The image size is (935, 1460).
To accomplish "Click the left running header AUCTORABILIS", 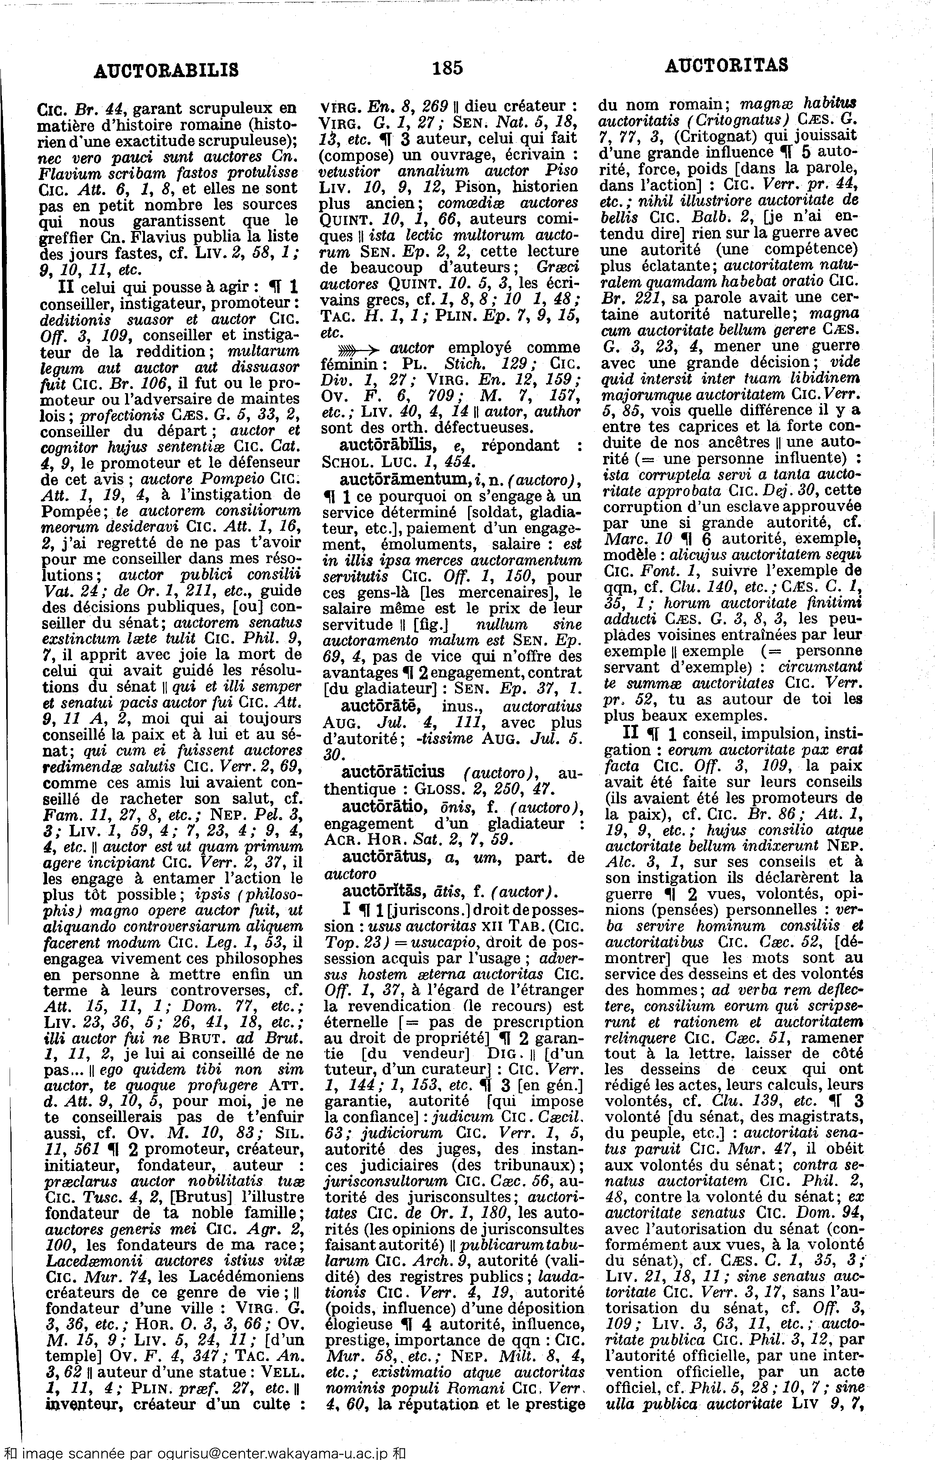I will pyautogui.click(x=166, y=71).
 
